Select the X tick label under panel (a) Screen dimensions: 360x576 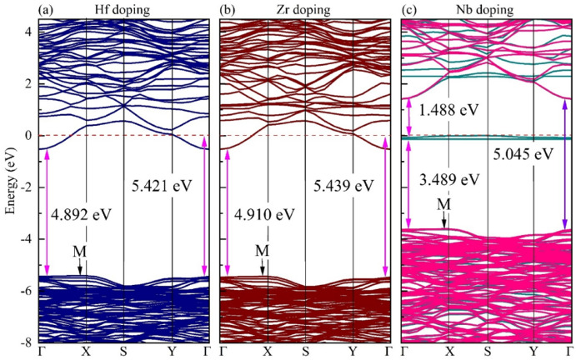coord(87,352)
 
